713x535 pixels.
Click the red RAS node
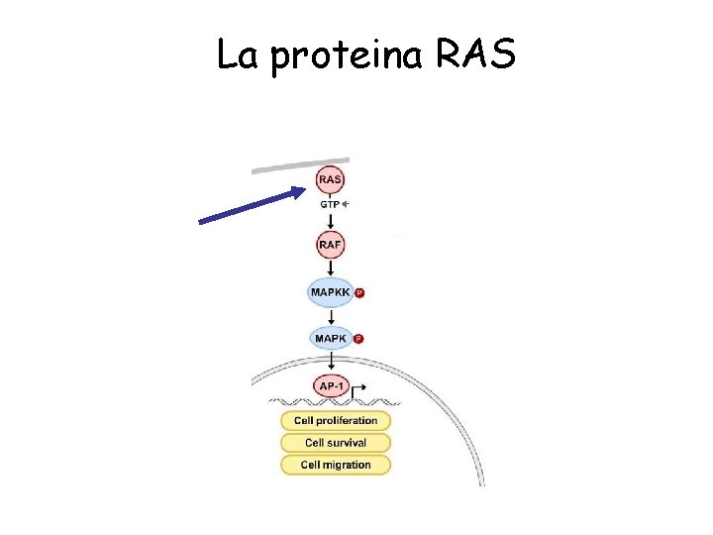331,180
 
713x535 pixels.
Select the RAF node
331,244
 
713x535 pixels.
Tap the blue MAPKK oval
329,292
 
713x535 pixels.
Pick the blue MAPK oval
330,338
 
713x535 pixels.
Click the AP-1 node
331,385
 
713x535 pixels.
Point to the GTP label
329,204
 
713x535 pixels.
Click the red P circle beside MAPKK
359,293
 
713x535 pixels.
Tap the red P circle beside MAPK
358,339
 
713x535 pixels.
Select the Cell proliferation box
336,421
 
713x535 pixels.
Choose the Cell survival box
336,443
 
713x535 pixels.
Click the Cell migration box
336,465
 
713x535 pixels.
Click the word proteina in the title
346,56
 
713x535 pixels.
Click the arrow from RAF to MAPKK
331,267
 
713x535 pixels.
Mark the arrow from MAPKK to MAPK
331,315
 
